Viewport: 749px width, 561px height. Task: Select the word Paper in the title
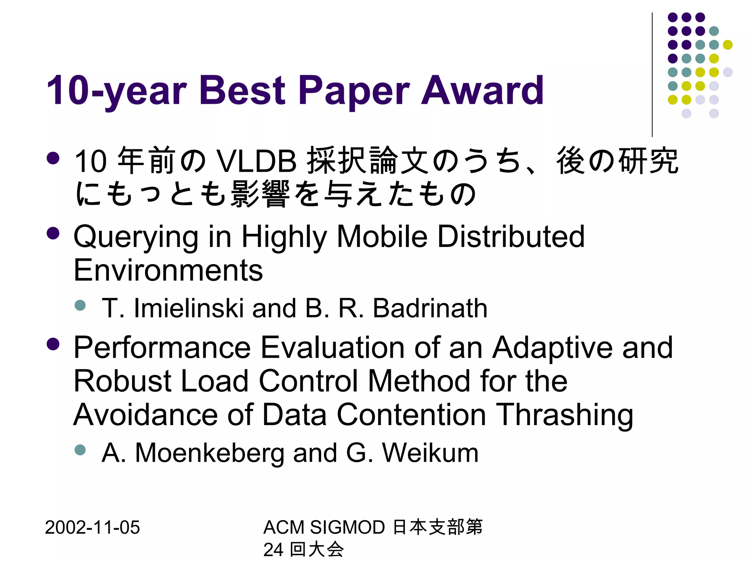pos(354,91)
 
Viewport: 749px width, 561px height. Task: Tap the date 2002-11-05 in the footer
pos(92,527)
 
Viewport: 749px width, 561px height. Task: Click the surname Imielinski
pos(189,308)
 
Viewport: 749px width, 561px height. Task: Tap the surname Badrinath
pos(430,308)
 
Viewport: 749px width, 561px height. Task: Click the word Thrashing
pos(565,415)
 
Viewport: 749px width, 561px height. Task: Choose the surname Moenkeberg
pos(210,453)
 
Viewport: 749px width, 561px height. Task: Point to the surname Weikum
pos(430,453)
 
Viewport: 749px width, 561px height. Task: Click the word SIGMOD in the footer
pos(347,527)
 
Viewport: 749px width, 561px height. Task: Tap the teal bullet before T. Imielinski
pos(80,305)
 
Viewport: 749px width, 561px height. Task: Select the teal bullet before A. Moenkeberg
pos(80,450)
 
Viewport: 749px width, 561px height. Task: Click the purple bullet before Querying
pos(53,233)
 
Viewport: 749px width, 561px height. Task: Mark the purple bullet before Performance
pos(53,344)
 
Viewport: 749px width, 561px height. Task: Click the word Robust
pos(123,381)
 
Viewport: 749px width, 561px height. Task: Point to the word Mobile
pos(382,237)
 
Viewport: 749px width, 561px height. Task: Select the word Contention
pos(411,415)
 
